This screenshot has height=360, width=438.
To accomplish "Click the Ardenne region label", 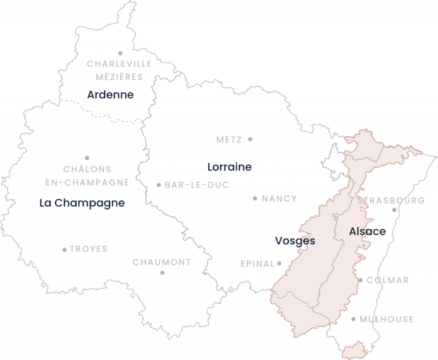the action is (110, 94).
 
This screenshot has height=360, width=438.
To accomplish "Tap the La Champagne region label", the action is (82, 203).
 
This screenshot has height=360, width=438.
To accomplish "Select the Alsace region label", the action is (368, 231).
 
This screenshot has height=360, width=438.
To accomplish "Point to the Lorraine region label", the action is (229, 166).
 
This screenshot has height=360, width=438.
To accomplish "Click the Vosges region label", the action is (295, 241).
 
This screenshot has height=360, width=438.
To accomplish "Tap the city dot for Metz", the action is (250, 139).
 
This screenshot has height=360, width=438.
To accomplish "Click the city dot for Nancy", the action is (255, 198).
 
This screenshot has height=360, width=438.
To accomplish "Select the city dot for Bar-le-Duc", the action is (159, 185).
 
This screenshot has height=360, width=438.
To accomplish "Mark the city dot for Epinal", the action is (279, 262).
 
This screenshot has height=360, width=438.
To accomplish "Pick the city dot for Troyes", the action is (65, 250).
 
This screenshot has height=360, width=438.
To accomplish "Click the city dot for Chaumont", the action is (163, 272).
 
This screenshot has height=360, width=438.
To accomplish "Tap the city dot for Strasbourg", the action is (395, 210).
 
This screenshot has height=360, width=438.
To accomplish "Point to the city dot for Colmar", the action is (361, 280).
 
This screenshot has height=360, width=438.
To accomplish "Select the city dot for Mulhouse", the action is (354, 319).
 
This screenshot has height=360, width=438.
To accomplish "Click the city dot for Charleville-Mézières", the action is (120, 53).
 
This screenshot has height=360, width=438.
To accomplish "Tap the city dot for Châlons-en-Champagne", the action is (87, 158).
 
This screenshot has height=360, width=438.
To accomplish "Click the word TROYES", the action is (89, 249).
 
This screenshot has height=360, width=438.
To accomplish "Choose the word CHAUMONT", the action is (162, 262).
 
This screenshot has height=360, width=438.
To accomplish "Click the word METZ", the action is (229, 139).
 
